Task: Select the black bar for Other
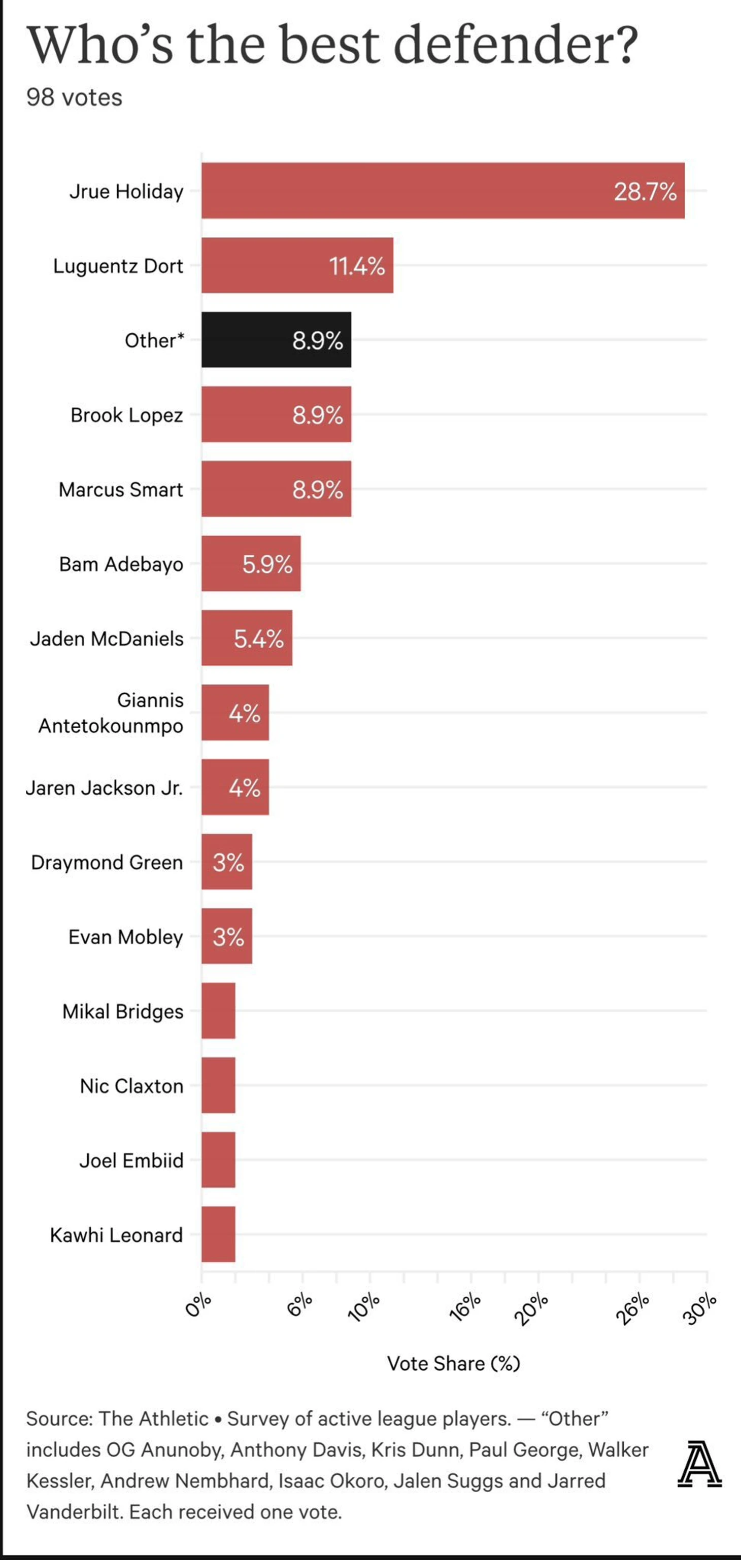pos(276,340)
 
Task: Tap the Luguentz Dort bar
pos(297,265)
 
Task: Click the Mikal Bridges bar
pos(218,1011)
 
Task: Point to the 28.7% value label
pos(645,192)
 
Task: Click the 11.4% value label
pos(357,266)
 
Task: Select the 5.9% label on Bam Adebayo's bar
pos(267,564)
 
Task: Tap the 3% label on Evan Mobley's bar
pos(228,937)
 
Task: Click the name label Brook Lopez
pos(127,415)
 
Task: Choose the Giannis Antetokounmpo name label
pos(111,713)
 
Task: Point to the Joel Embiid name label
pos(131,1160)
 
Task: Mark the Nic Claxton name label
pos(131,1086)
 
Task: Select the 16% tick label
pos(465,1307)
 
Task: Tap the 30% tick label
pos(700,1308)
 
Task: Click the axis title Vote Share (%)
pos(453,1363)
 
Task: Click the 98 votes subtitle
pos(74,97)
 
